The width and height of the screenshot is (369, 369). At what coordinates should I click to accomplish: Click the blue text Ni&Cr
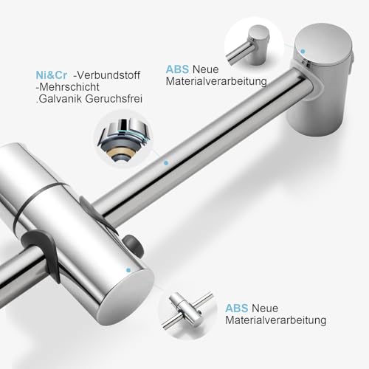coord(51,75)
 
